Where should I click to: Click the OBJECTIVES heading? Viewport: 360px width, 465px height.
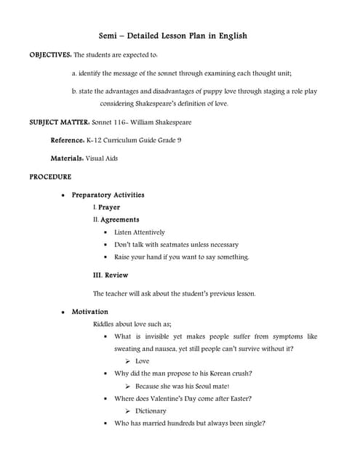point(50,54)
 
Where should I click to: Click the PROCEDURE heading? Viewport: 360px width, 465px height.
point(50,177)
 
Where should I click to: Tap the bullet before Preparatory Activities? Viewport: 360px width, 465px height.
point(64,195)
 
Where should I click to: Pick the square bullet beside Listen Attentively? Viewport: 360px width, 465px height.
point(106,232)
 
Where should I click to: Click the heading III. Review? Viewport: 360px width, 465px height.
point(111,275)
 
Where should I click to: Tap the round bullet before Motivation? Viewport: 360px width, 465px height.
point(64,312)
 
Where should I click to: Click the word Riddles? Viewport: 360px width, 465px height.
point(105,324)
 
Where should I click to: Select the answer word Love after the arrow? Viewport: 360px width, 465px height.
point(143,361)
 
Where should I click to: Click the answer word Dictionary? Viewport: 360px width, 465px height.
point(151,411)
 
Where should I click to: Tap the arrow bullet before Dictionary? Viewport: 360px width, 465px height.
point(127,411)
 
